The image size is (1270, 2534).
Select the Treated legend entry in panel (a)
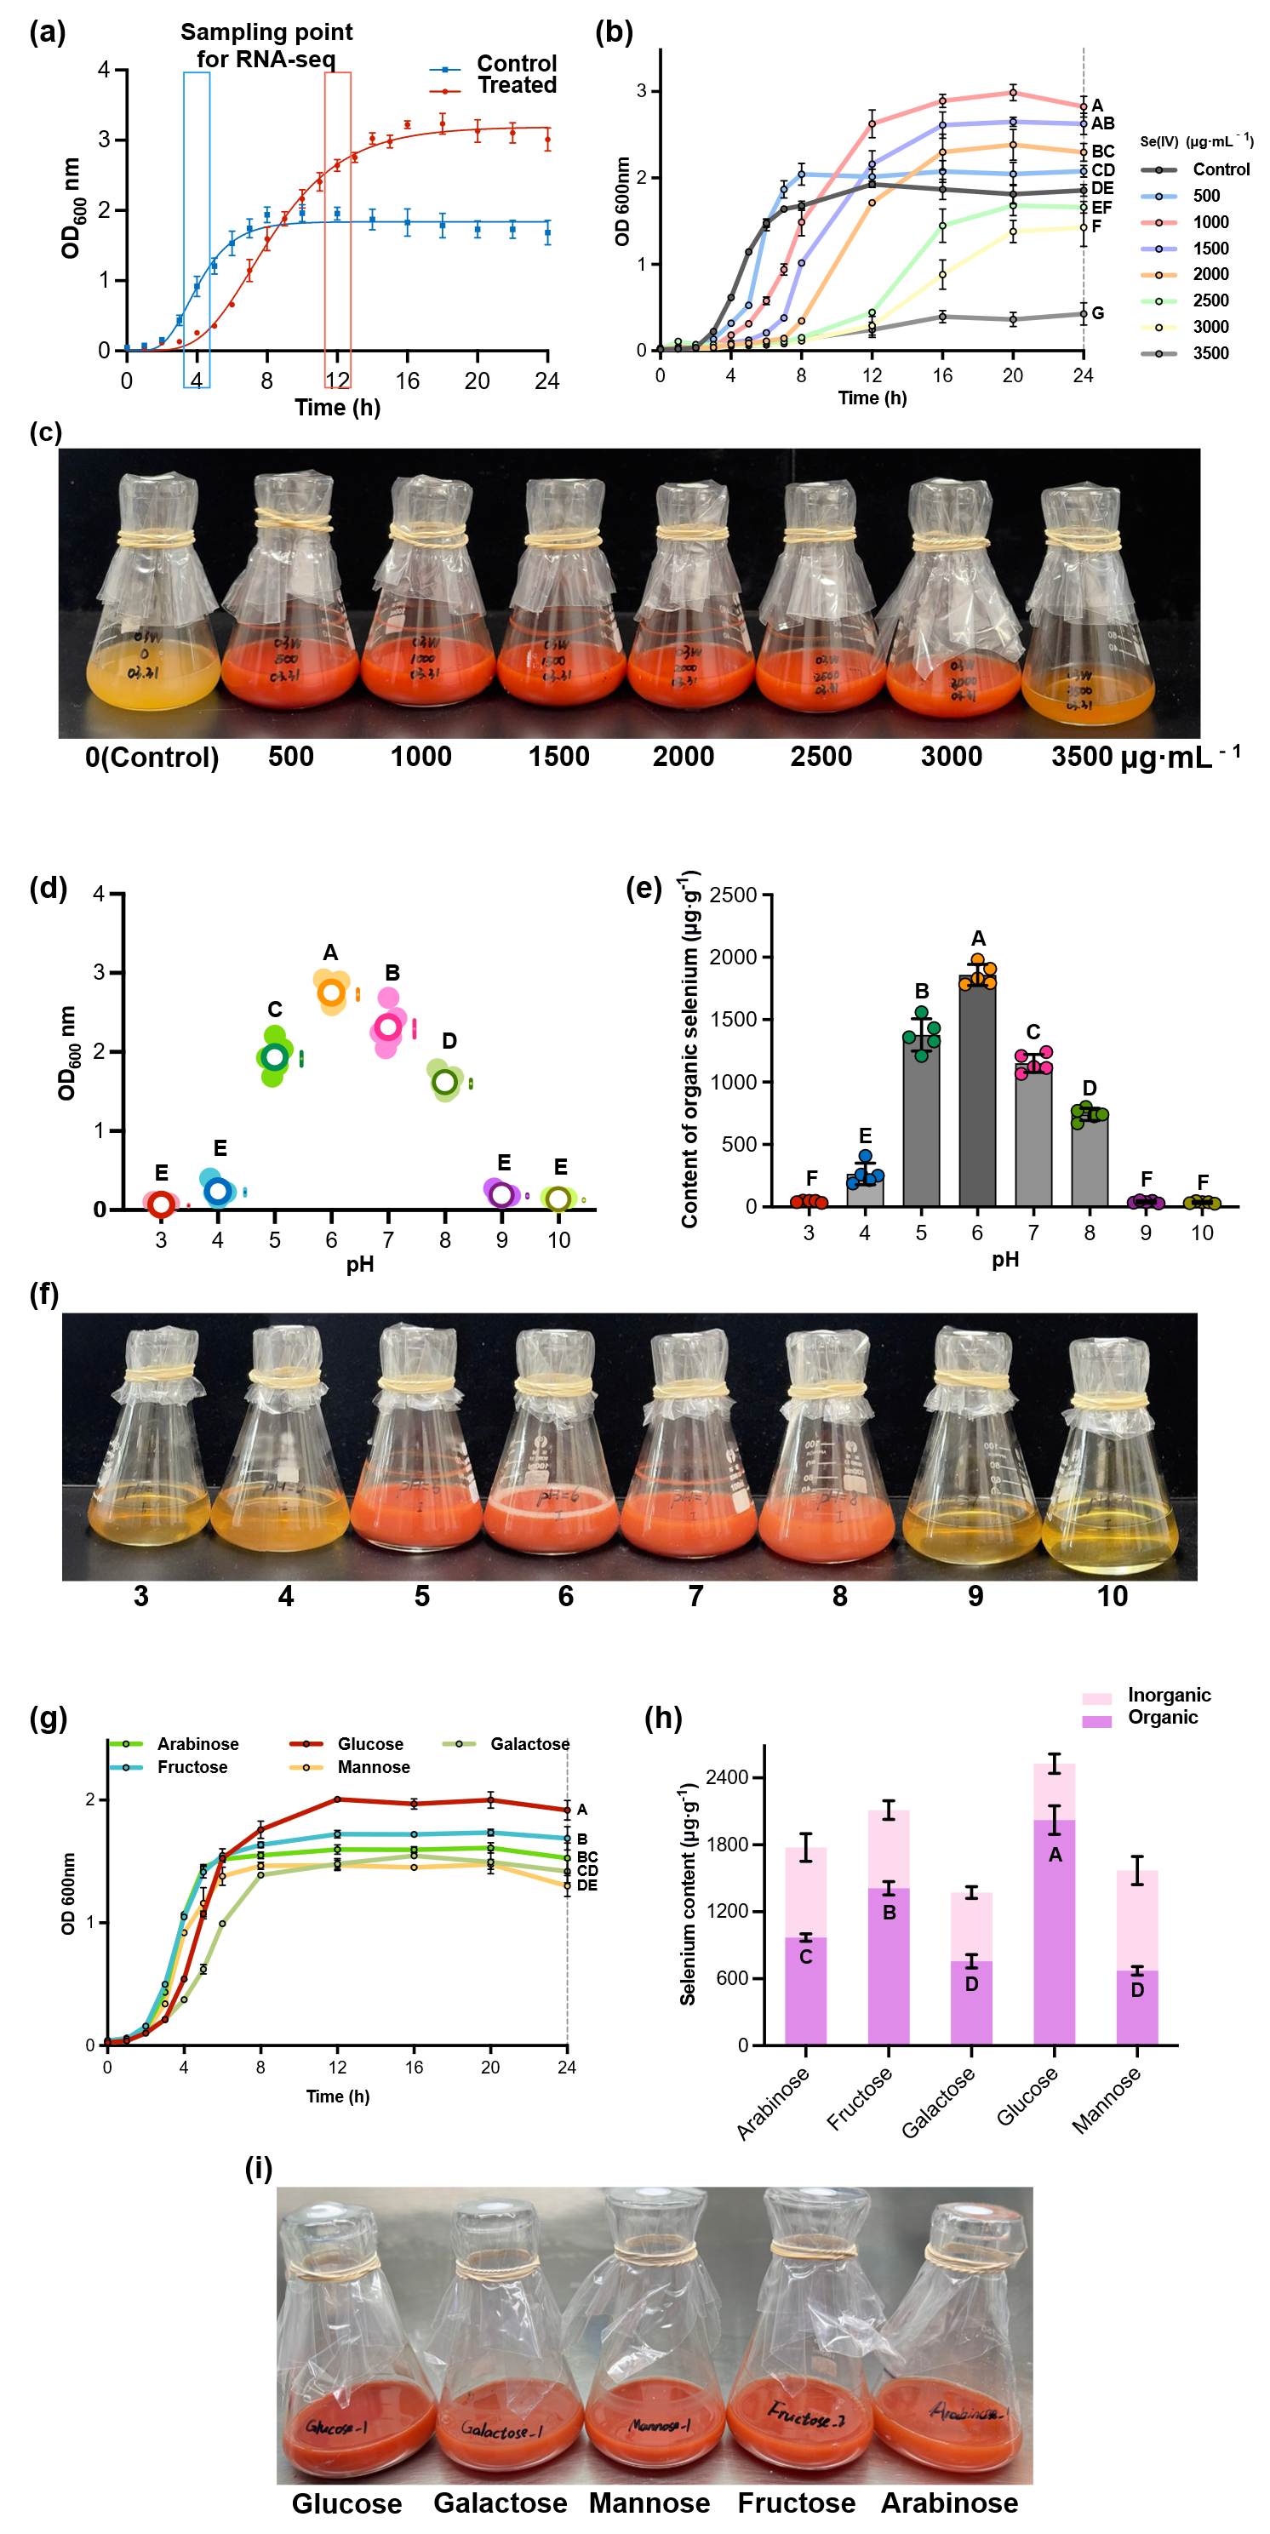[517, 86]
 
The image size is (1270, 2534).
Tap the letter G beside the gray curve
[1098, 313]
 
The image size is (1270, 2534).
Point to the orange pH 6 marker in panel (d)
[331, 992]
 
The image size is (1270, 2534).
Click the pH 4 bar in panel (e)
[865, 1189]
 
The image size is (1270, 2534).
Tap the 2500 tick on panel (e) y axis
[733, 895]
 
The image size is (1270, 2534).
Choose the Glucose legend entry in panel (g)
[370, 1744]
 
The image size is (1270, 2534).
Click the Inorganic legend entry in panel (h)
[1168, 1695]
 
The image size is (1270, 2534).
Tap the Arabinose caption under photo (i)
[948, 2503]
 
